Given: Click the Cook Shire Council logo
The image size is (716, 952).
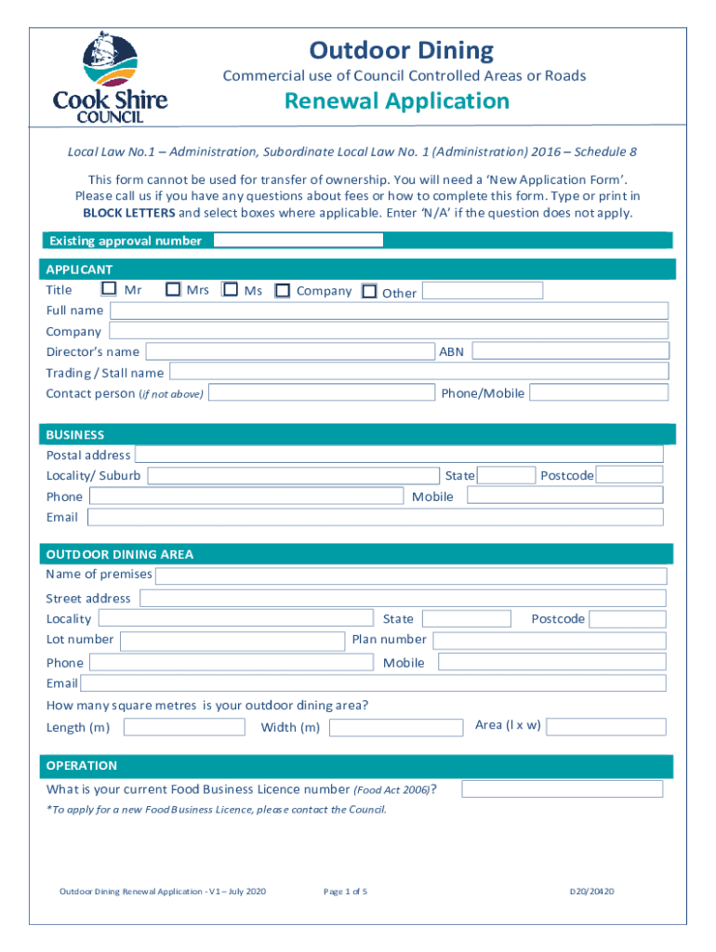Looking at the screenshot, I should pyautogui.click(x=110, y=78).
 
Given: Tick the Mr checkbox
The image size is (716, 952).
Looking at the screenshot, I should pyautogui.click(x=110, y=290).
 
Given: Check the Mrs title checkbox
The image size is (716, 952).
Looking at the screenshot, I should pyautogui.click(x=172, y=290).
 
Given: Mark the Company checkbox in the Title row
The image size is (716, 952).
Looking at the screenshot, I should pyautogui.click(x=283, y=291).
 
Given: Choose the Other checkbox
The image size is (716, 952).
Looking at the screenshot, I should pyautogui.click(x=369, y=292).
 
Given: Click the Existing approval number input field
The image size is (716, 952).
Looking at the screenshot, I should pyautogui.click(x=298, y=240).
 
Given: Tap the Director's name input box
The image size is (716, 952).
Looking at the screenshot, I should pyautogui.click(x=291, y=351).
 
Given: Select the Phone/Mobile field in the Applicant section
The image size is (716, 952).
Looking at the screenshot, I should pyautogui.click(x=600, y=392).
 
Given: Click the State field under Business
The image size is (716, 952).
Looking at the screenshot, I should pyautogui.click(x=507, y=475).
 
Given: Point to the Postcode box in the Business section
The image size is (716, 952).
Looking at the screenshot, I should pyautogui.click(x=630, y=475).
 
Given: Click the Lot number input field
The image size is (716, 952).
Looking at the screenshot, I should pyautogui.click(x=232, y=641).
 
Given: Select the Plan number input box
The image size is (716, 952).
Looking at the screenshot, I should pyautogui.click(x=550, y=641).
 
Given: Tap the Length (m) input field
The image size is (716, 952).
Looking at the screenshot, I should pyautogui.click(x=184, y=727).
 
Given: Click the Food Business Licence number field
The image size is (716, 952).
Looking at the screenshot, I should pyautogui.click(x=563, y=789).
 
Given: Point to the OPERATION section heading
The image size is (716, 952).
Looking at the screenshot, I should pyautogui.click(x=83, y=766).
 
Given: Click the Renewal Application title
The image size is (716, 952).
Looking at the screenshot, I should pyautogui.click(x=397, y=101).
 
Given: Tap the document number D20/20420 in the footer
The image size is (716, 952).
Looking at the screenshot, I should pyautogui.click(x=592, y=892).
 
